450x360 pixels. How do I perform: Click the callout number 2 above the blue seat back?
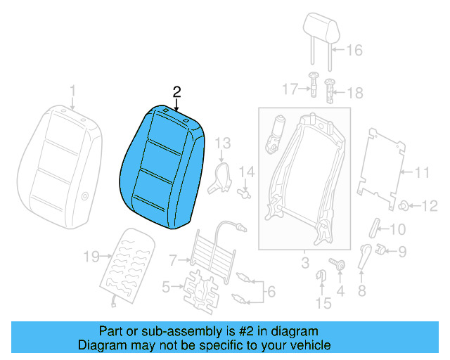(x=176, y=91)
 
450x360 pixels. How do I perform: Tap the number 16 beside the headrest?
(x=354, y=50)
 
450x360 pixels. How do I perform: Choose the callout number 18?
(x=355, y=93)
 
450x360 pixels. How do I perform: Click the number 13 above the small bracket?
(x=222, y=143)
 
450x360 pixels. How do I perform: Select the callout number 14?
(x=246, y=172)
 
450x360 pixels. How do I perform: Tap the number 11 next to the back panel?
(x=420, y=172)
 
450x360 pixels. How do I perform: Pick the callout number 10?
(x=397, y=229)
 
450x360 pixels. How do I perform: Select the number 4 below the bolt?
(x=340, y=289)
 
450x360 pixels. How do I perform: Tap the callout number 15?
(x=323, y=303)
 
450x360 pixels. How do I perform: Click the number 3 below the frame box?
(x=304, y=264)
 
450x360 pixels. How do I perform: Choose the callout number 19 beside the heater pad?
(x=91, y=257)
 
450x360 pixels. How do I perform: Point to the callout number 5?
(x=166, y=286)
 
